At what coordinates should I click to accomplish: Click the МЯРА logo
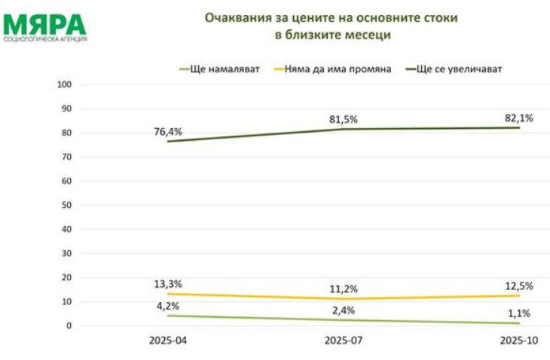click(44, 26)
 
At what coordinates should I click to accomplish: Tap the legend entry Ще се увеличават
click(459, 69)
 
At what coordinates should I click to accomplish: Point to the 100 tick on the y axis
click(64, 84)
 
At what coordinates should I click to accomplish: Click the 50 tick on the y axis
click(66, 205)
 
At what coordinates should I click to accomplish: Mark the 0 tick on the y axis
click(69, 326)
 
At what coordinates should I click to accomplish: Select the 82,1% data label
click(518, 117)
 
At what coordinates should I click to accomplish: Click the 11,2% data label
click(343, 288)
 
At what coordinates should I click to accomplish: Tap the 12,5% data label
click(518, 285)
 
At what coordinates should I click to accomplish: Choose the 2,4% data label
click(343, 310)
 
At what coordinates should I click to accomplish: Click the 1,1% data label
click(518, 313)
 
